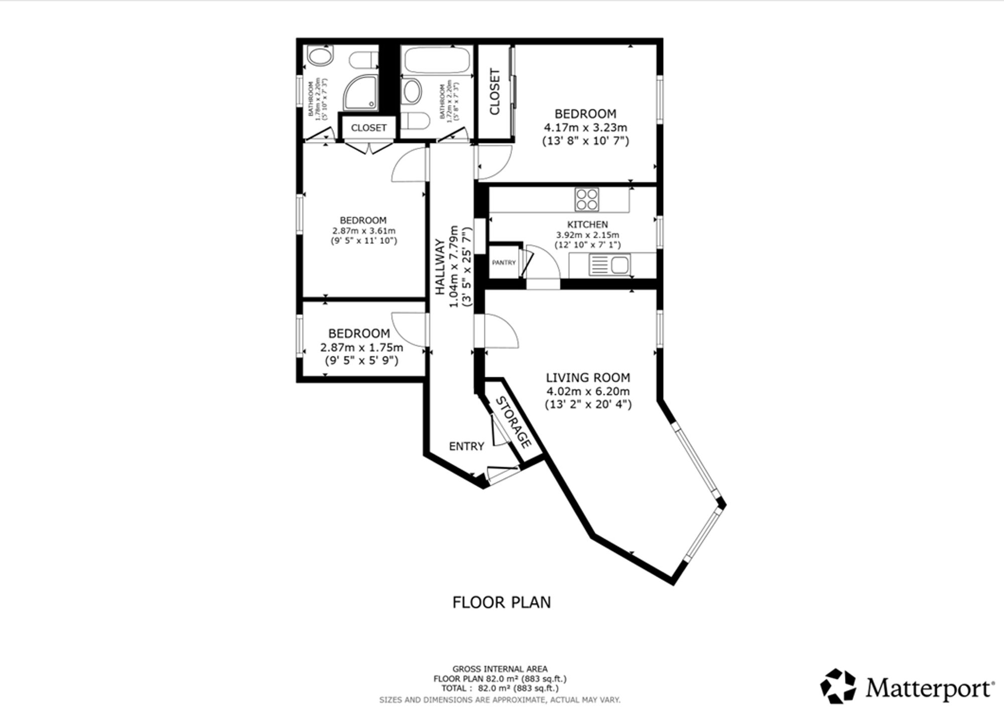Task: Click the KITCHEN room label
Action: pos(587,224)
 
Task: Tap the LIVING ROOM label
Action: pos(588,377)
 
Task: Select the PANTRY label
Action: pos(504,262)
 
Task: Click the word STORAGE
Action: pos(514,422)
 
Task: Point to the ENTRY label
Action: pos(466,446)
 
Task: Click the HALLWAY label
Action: pos(440,267)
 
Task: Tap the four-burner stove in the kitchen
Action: pos(587,199)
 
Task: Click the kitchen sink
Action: pos(610,264)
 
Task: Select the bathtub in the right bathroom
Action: pos(436,60)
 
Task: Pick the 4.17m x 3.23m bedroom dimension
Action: pos(585,127)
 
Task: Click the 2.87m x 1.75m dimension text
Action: pos(361,347)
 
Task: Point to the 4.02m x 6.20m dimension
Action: pos(588,391)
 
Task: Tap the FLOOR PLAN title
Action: pos(501,602)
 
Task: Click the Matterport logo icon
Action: pos(838,685)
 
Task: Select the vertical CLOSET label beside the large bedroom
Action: pos(494,92)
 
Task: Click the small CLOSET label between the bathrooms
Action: pos(369,128)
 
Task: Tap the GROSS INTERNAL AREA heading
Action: pos(500,669)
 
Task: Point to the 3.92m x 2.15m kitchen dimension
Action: pos(587,235)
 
